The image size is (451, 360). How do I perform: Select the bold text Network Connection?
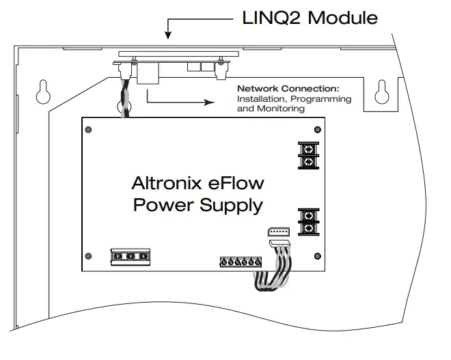(x=288, y=89)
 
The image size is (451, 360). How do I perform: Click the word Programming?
(x=325, y=99)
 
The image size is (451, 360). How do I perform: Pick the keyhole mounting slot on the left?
(x=42, y=90)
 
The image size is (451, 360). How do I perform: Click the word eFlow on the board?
(x=235, y=183)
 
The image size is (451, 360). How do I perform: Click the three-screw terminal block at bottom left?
(x=129, y=256)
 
